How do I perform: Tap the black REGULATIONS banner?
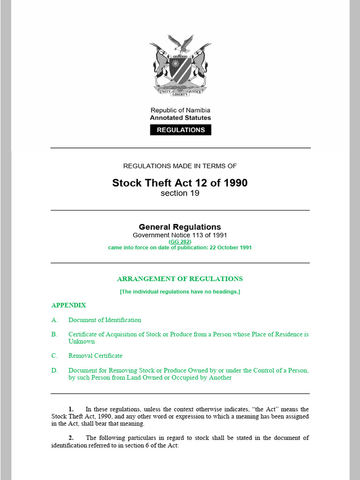(x=180, y=130)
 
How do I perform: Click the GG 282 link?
(x=180, y=241)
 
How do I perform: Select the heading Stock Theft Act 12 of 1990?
(x=180, y=183)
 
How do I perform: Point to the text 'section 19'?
(x=180, y=193)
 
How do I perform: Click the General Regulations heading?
(x=180, y=227)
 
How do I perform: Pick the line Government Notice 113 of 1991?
(x=180, y=235)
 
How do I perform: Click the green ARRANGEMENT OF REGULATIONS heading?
(x=180, y=279)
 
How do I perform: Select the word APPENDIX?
(x=68, y=305)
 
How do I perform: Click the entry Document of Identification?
(x=105, y=320)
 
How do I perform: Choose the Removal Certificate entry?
(x=95, y=356)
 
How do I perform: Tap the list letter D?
(x=54, y=370)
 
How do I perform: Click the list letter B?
(x=54, y=335)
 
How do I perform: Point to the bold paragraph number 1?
(x=71, y=409)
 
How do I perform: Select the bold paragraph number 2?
(x=71, y=438)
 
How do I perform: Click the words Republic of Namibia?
(x=180, y=110)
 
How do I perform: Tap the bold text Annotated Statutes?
(x=180, y=118)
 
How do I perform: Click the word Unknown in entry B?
(x=82, y=342)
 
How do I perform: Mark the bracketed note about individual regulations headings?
(x=180, y=292)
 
